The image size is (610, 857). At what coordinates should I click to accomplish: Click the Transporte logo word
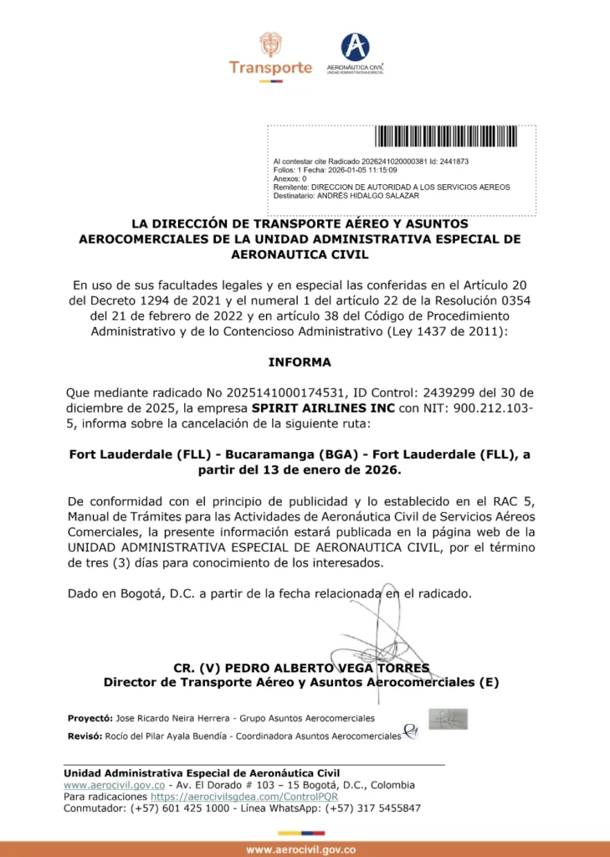270,68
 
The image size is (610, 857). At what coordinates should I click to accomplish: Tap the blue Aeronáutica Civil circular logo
355,47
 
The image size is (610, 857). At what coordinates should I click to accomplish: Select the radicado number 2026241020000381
393,161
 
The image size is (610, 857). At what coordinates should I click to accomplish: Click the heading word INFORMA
300,362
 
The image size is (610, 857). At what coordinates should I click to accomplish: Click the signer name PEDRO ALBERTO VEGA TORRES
325,668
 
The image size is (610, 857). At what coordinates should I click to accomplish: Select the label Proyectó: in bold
90,718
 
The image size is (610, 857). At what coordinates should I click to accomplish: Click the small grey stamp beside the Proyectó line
448,719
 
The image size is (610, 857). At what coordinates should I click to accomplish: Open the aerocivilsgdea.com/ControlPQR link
250,797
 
